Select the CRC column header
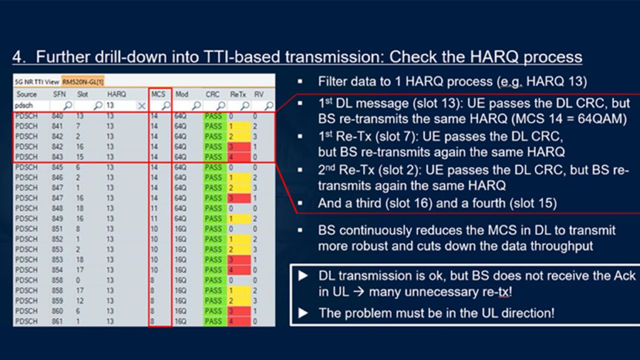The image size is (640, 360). tap(212, 94)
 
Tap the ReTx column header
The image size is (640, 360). tap(237, 94)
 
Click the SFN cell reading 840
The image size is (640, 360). tap(57, 116)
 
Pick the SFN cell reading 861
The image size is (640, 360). tap(57, 321)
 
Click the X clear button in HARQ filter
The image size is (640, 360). tap(141, 106)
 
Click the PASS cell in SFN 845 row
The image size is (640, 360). tap(213, 167)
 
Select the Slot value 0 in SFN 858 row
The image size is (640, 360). tap(78, 280)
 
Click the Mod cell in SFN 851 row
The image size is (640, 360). tap(181, 229)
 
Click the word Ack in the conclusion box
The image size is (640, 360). tap(623, 276)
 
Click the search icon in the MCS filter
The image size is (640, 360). tap(165, 106)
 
